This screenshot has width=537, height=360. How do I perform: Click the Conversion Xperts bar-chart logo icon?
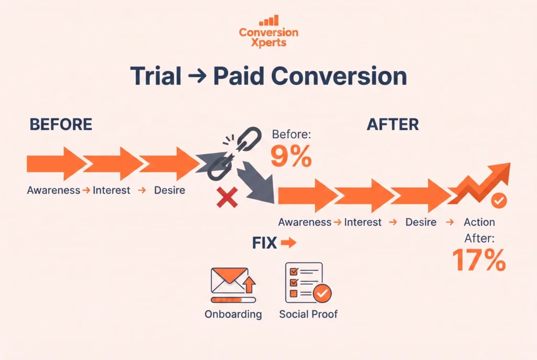click(x=269, y=20)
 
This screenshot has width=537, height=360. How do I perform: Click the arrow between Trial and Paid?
click(x=198, y=76)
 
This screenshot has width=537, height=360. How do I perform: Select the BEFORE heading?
click(x=61, y=124)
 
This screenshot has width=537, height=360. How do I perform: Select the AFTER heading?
click(x=393, y=124)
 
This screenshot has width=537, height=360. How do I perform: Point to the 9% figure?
click(x=291, y=156)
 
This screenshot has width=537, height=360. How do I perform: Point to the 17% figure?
click(x=479, y=260)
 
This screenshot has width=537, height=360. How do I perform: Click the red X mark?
click(x=227, y=198)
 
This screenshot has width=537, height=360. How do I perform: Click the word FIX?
click(x=264, y=243)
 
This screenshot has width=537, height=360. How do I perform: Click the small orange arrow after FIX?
click(x=288, y=243)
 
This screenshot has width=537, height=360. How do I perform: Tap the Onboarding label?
click(x=233, y=314)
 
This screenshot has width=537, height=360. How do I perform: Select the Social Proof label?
click(x=308, y=314)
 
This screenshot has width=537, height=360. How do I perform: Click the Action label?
click(x=479, y=222)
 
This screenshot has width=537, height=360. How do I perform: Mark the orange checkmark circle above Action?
click(x=499, y=200)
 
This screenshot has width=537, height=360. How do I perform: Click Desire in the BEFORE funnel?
click(x=169, y=190)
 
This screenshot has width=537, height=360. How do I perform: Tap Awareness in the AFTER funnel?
click(x=305, y=222)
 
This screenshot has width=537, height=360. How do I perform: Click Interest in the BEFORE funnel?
click(x=111, y=190)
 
